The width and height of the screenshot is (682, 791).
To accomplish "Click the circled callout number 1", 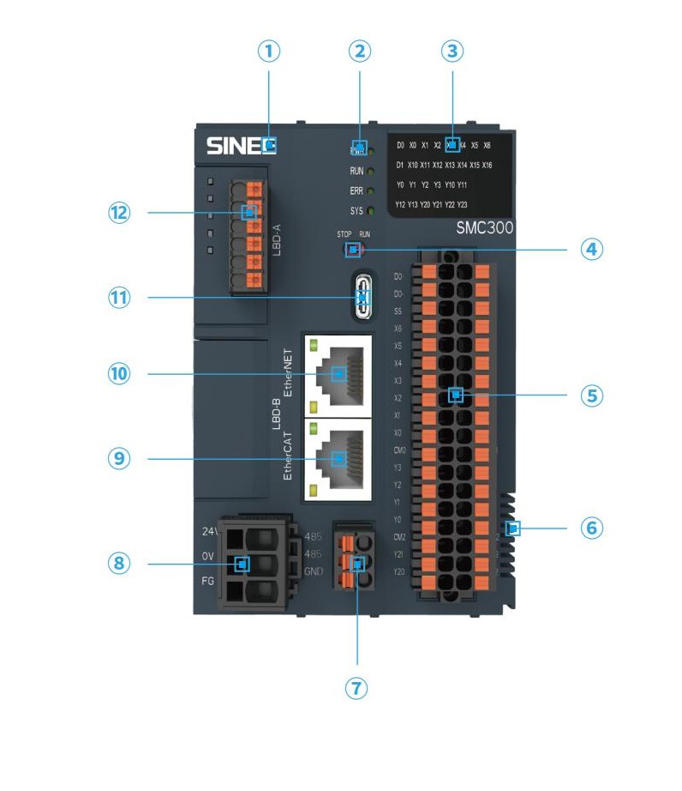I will click(x=269, y=51).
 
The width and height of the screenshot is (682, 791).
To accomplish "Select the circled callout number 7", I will click(x=357, y=688).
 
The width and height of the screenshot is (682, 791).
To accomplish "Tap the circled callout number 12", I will click(x=118, y=212).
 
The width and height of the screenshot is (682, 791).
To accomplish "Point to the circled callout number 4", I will click(x=591, y=250).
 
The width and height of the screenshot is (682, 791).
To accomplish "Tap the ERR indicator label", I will click(x=357, y=190).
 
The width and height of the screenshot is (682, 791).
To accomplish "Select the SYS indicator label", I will click(x=357, y=210).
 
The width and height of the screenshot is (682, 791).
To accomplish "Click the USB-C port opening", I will click(x=363, y=299).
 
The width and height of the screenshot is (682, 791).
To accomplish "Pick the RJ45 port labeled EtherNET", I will click(x=337, y=373).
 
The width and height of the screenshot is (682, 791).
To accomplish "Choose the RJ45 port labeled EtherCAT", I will click(x=337, y=459).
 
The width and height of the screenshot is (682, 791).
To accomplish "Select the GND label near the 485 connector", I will click(x=314, y=572).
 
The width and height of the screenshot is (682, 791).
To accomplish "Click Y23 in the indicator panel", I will click(x=462, y=204).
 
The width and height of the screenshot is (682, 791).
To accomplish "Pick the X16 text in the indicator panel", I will click(x=487, y=165).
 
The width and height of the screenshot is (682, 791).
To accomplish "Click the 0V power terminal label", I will click(x=207, y=557).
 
